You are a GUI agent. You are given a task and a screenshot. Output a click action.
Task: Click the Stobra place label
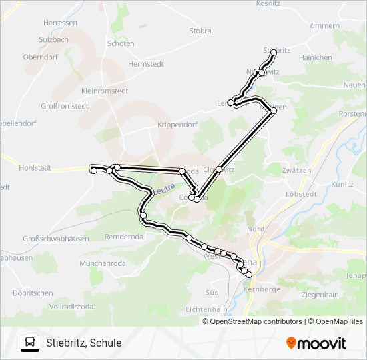[200, 31]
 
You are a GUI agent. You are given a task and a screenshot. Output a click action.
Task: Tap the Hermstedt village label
[146, 64]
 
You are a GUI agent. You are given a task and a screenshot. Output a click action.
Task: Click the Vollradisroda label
[71, 306]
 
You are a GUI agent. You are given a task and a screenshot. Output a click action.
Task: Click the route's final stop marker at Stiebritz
[274, 52]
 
